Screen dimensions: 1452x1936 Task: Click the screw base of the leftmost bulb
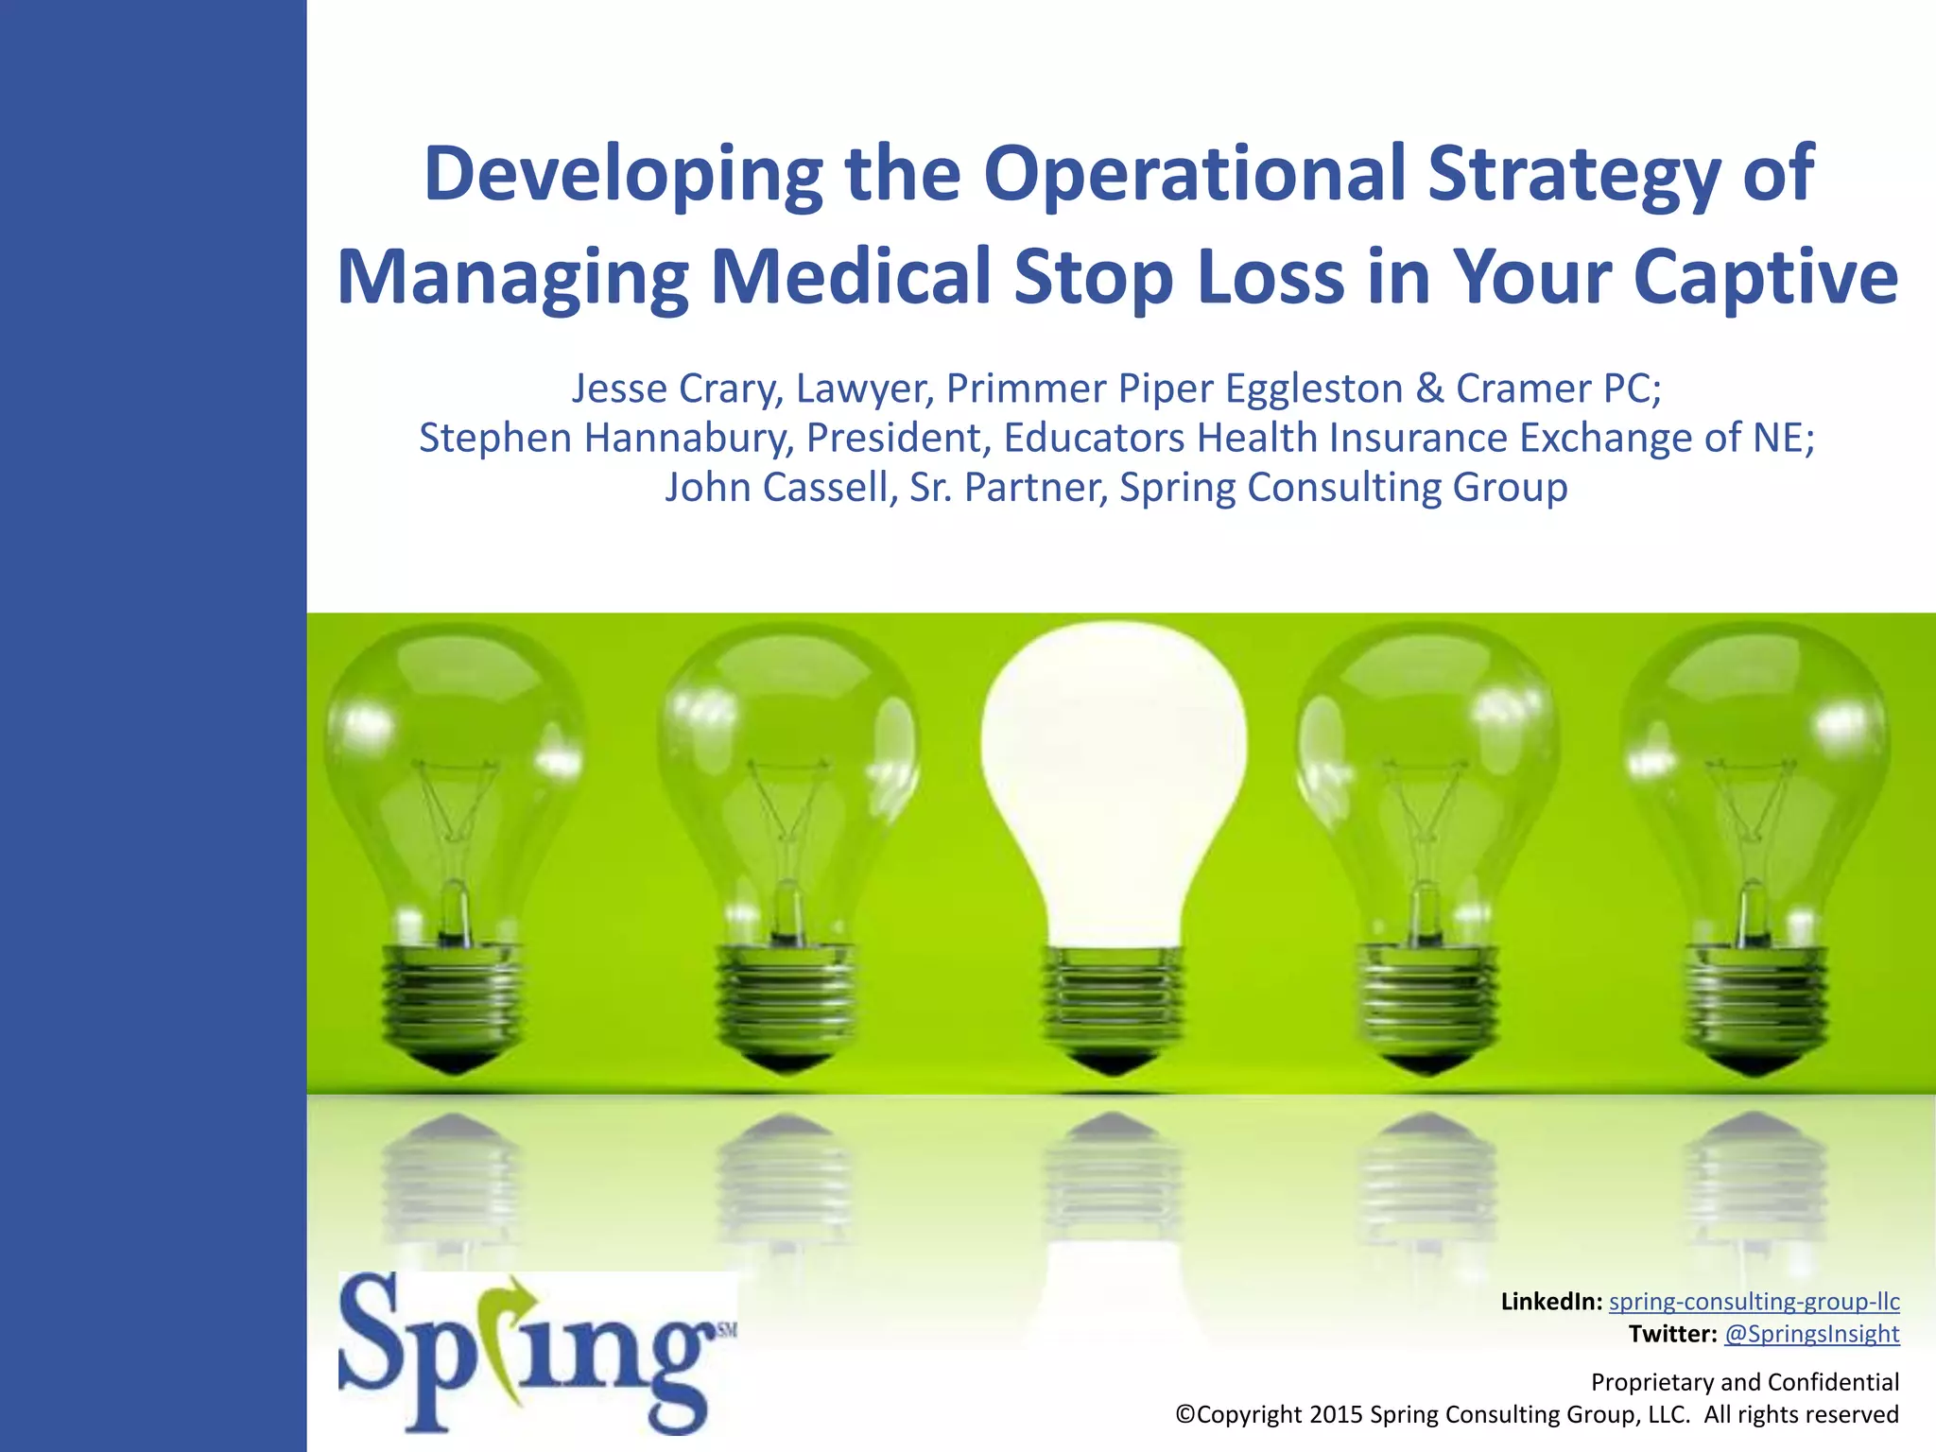tap(452, 1002)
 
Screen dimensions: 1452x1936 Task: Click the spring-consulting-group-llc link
tap(1754, 1302)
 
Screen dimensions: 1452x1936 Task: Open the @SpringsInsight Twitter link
tap(1811, 1334)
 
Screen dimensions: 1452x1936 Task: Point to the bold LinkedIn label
tap(1550, 1302)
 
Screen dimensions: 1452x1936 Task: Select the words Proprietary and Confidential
tap(1744, 1382)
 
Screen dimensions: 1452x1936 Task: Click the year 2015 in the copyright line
tap(1336, 1414)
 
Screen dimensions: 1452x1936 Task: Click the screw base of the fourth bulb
tap(1426, 1002)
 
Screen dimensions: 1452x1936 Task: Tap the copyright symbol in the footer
tap(1185, 1414)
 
